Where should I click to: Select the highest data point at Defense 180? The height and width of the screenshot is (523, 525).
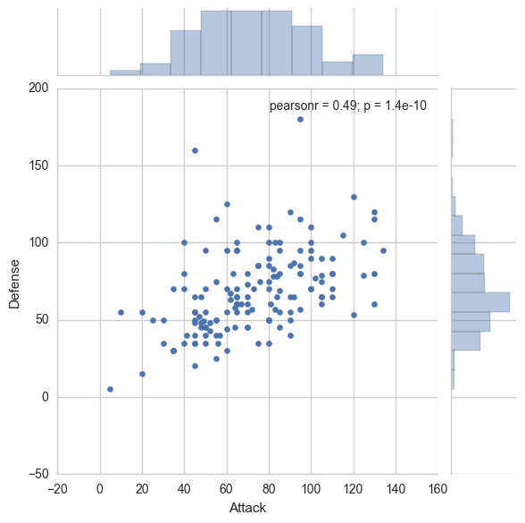[x=300, y=119]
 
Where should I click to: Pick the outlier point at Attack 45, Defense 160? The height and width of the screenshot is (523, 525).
[x=195, y=150]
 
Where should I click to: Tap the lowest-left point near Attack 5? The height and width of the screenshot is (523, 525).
[x=110, y=389]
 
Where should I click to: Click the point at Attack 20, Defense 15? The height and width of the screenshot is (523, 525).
[x=142, y=374]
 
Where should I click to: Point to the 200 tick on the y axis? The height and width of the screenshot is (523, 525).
[x=37, y=89]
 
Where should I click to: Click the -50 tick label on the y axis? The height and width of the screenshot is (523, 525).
[x=36, y=474]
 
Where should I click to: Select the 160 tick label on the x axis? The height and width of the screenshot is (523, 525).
[x=437, y=489]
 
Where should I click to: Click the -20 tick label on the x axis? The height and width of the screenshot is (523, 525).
[x=57, y=489]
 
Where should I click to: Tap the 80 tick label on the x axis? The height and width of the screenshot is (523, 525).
[x=269, y=489]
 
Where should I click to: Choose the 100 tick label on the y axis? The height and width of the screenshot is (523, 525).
[x=37, y=242]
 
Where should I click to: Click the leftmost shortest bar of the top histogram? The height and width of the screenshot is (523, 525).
[x=125, y=72]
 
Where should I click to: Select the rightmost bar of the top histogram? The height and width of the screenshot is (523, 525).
[x=368, y=65]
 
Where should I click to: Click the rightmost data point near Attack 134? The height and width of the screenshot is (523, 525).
[x=383, y=250]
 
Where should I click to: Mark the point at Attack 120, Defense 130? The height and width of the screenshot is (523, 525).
[x=354, y=197]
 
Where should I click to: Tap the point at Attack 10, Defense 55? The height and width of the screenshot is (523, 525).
[x=121, y=312]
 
